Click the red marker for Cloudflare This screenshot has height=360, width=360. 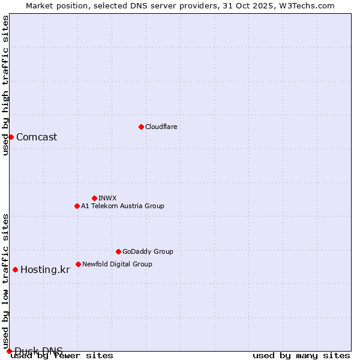pos(141,127)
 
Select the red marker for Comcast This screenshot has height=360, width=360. pos(11,137)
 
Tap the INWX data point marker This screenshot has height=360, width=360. pos(94,198)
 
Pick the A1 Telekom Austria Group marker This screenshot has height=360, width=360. pos(77,206)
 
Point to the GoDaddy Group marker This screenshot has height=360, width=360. pos(118,251)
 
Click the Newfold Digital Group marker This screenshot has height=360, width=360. pos(78,264)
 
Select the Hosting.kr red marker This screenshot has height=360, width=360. pos(15,269)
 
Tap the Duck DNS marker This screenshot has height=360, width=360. pos(9,351)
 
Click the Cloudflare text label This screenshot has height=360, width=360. pos(161,127)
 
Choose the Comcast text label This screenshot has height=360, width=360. pos(37,137)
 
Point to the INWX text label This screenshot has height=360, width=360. pos(107,198)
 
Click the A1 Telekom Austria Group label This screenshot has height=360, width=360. pos(122,206)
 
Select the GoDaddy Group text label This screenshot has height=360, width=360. pos(148,251)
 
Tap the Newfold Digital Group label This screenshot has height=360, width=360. pos(117,264)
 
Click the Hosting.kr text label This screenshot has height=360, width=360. pos(45,269)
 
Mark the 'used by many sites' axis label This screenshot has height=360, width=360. pos(301,355)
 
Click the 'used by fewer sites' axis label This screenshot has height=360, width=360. pos(62,355)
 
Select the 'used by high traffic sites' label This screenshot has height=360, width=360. pos(5,85)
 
